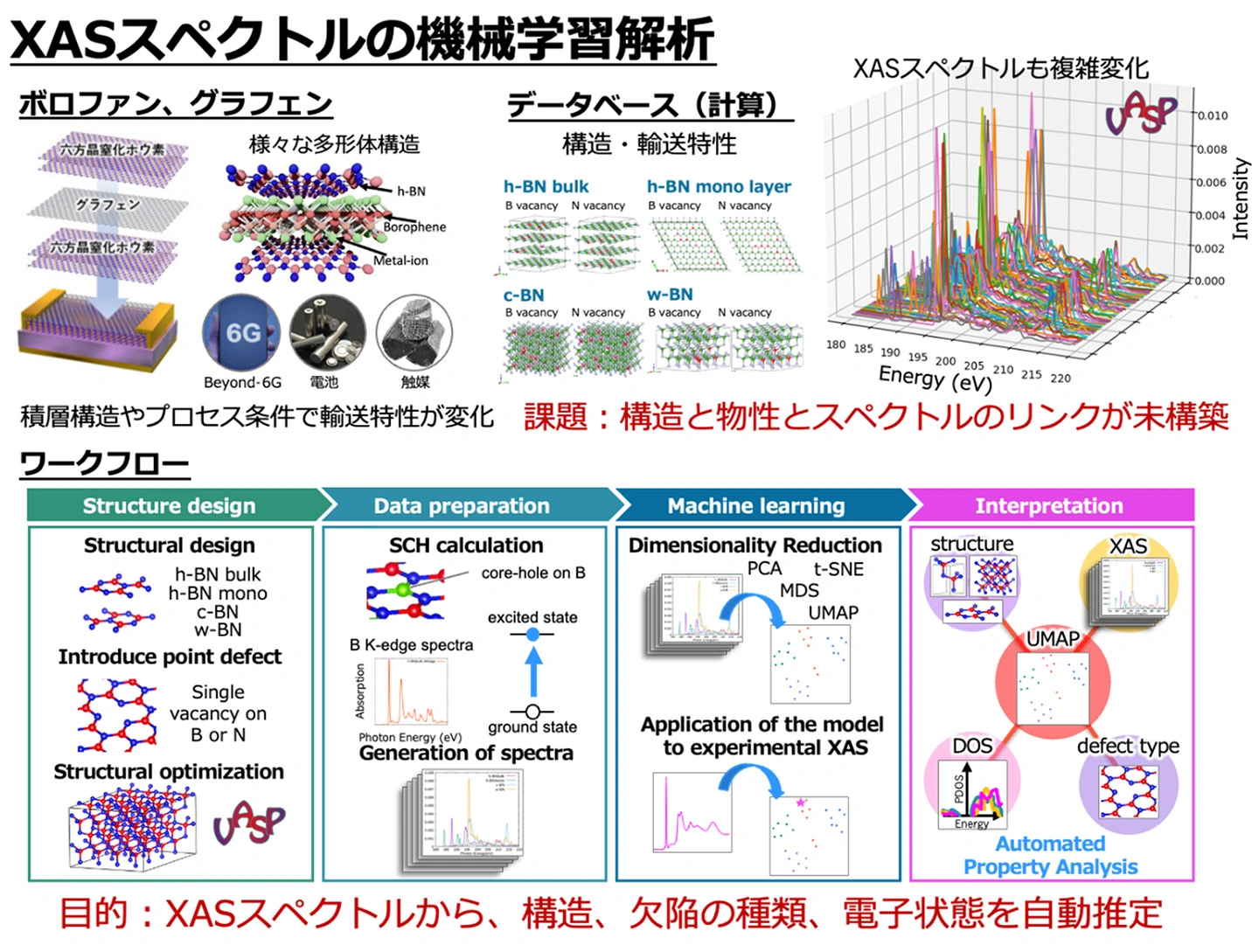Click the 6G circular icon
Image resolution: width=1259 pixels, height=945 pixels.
[x=241, y=334]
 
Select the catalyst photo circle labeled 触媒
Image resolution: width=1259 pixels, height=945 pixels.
[x=414, y=334]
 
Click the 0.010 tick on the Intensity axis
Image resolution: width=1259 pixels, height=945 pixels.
[x=1212, y=115]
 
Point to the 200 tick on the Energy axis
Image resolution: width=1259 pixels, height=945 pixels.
[x=945, y=360]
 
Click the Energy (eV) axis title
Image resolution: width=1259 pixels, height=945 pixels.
[x=935, y=379]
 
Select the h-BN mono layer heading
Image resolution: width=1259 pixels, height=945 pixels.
[x=718, y=186]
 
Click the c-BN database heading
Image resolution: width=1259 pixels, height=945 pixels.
[x=523, y=295]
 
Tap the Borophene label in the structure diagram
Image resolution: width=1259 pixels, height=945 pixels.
[x=414, y=226]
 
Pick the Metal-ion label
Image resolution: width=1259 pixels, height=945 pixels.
[x=400, y=261]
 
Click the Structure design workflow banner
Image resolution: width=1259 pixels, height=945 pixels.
[x=170, y=505]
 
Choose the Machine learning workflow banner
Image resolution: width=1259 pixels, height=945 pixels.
[x=756, y=505]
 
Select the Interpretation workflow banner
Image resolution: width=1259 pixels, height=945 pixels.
[x=1048, y=505]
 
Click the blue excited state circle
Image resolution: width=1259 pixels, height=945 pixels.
[x=532, y=634]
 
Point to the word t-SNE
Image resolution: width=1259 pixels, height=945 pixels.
[x=838, y=569]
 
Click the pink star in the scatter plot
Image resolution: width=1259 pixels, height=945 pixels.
[x=800, y=803]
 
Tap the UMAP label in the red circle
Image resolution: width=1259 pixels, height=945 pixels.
[x=1053, y=639]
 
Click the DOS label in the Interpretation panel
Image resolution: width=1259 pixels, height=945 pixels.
[x=972, y=746]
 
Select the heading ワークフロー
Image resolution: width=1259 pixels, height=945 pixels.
[x=104, y=463]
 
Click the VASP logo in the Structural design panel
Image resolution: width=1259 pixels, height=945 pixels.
[x=249, y=822]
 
